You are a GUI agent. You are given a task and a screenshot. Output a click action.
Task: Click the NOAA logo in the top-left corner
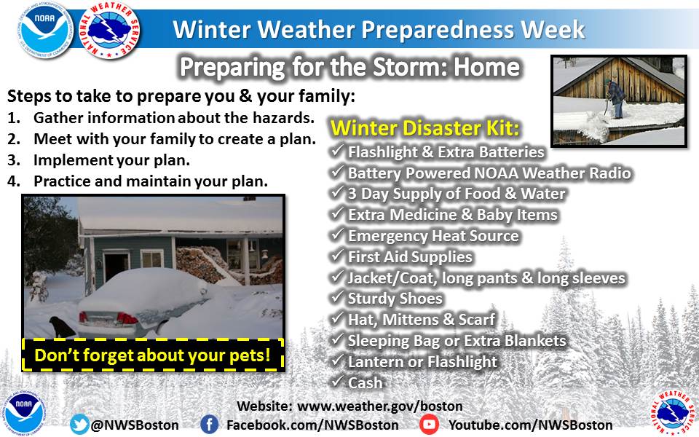point(45,31)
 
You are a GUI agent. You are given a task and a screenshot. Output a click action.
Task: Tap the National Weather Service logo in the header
point(110,30)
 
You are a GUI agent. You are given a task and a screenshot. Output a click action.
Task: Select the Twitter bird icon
point(79,424)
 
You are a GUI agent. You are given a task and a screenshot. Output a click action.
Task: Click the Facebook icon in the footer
point(209,424)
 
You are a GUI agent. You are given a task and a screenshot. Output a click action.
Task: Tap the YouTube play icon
point(429,424)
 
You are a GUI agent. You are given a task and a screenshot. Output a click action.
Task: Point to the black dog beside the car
point(61,327)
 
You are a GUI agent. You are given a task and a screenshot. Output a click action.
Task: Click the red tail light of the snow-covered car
point(127,318)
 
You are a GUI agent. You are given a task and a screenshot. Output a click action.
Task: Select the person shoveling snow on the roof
point(616,98)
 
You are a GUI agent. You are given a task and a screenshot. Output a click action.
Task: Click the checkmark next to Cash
point(337,381)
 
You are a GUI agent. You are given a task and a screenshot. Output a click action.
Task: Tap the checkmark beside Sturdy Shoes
point(337,296)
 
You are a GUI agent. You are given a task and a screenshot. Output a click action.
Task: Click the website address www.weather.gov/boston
point(380,406)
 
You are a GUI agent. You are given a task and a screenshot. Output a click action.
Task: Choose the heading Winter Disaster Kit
point(424,128)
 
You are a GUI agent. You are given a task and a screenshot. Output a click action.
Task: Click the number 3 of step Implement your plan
point(12,160)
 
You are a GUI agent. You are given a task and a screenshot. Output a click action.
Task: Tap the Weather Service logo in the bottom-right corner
point(674,412)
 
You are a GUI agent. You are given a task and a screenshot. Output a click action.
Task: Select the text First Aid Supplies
point(410,257)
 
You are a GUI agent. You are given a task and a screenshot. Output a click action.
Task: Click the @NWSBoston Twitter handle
point(135,425)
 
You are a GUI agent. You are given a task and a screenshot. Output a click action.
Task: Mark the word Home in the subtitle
point(487,67)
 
